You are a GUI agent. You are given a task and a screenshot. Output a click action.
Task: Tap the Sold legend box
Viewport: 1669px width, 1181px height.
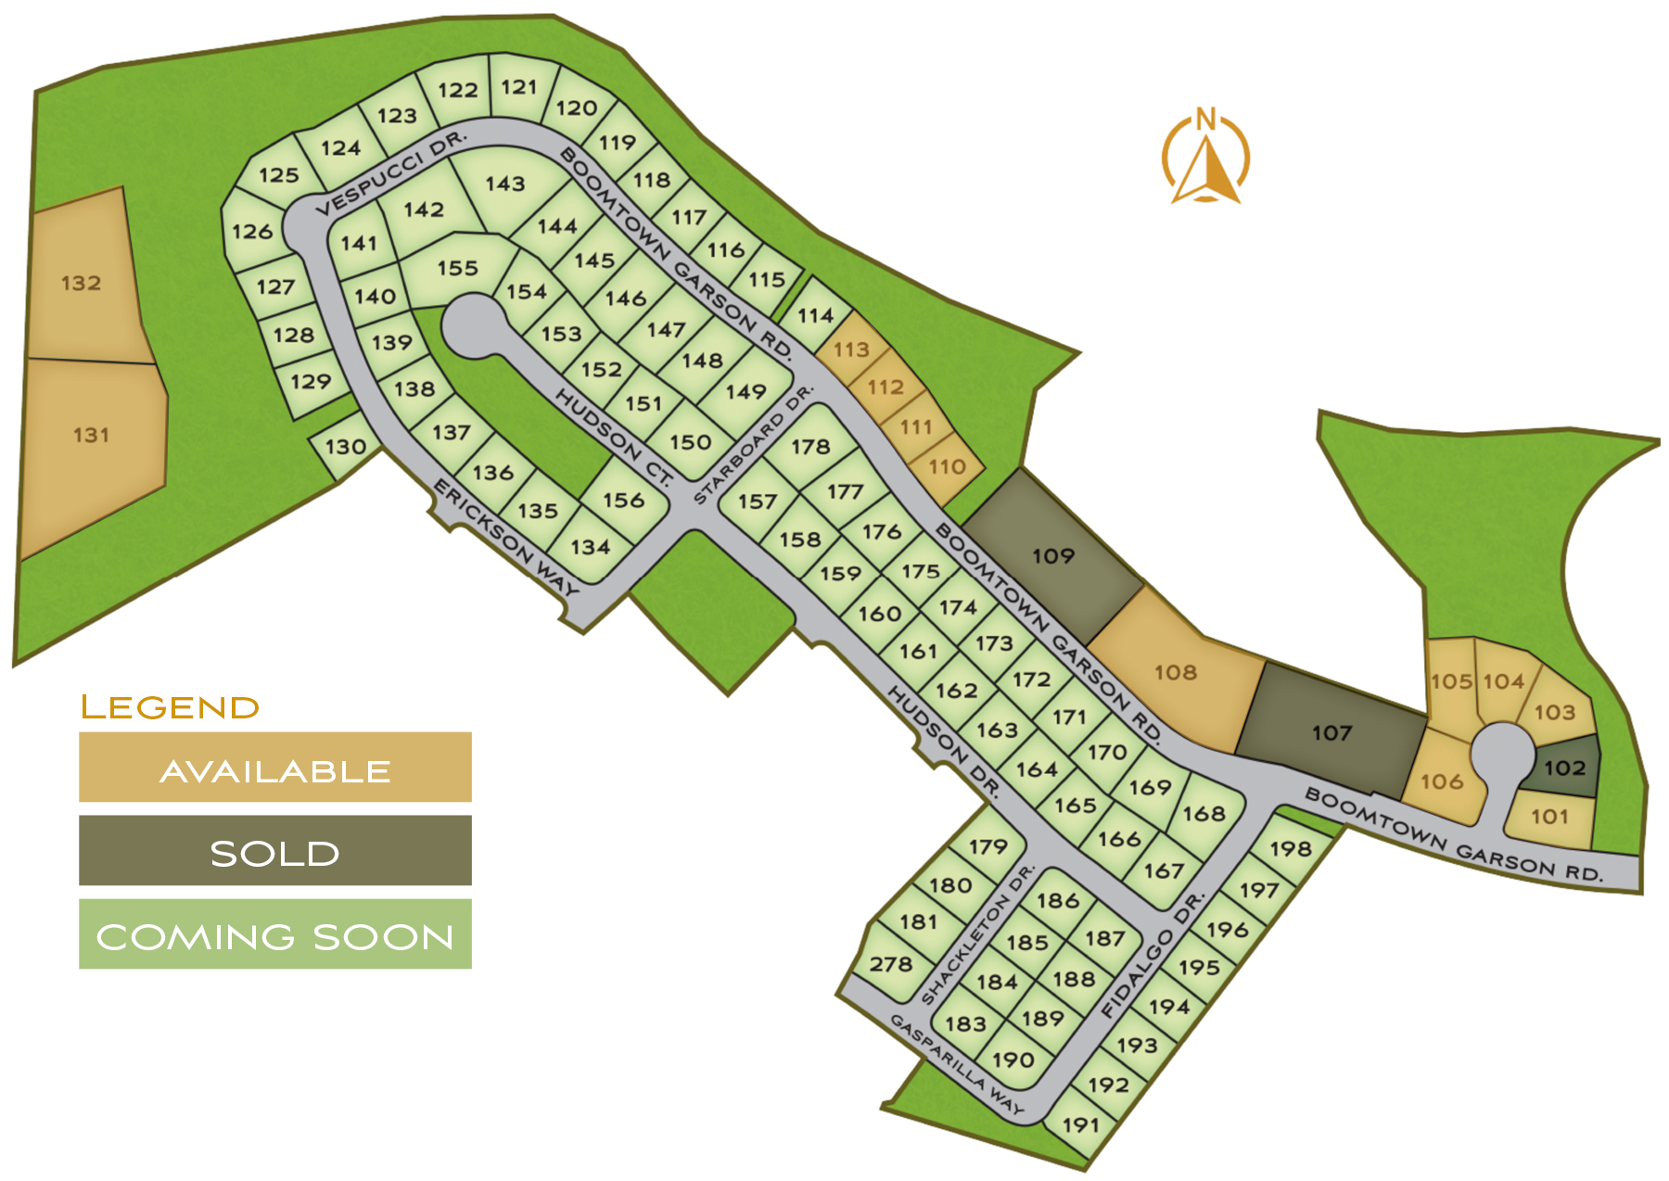pyautogui.click(x=274, y=850)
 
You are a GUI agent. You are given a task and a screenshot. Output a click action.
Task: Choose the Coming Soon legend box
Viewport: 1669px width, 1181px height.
pyautogui.click(x=274, y=933)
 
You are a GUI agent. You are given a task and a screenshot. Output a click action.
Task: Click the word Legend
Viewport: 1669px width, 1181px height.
pyautogui.click(x=170, y=707)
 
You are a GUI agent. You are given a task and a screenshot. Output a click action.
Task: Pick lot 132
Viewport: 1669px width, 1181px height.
pyautogui.click(x=82, y=283)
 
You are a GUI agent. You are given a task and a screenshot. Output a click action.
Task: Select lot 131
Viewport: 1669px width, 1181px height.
pyautogui.click(x=91, y=435)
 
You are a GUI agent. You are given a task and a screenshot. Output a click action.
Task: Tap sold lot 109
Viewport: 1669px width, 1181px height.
pyautogui.click(x=1053, y=555)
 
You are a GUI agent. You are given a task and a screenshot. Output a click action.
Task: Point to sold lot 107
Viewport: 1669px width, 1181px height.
pyautogui.click(x=1331, y=732)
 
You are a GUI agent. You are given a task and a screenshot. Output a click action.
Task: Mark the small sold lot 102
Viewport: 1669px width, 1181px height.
pyautogui.click(x=1565, y=768)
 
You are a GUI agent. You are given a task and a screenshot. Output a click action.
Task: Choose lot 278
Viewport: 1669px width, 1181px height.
pyautogui.click(x=891, y=964)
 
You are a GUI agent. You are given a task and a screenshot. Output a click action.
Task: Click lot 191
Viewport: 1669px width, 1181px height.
pyautogui.click(x=1080, y=1124)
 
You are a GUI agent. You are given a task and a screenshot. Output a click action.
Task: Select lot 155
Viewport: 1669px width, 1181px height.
pyautogui.click(x=458, y=268)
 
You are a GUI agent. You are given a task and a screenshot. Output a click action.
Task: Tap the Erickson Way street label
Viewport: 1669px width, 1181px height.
pyautogui.click(x=506, y=538)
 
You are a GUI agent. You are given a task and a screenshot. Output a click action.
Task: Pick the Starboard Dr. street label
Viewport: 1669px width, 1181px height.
pyautogui.click(x=753, y=445)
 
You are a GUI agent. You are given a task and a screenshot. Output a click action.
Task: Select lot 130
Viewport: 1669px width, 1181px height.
pyautogui.click(x=345, y=447)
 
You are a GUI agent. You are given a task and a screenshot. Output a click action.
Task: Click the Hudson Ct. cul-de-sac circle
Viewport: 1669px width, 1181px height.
pyautogui.click(x=474, y=324)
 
